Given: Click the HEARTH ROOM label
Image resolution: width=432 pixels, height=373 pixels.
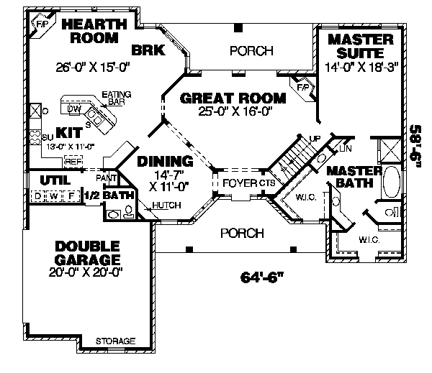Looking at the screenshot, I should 94,30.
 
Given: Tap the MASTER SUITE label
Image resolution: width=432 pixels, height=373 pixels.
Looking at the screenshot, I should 360,45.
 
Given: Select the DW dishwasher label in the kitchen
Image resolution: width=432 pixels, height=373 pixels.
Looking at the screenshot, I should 73,109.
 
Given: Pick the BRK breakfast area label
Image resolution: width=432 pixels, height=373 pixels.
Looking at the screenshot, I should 149,50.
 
